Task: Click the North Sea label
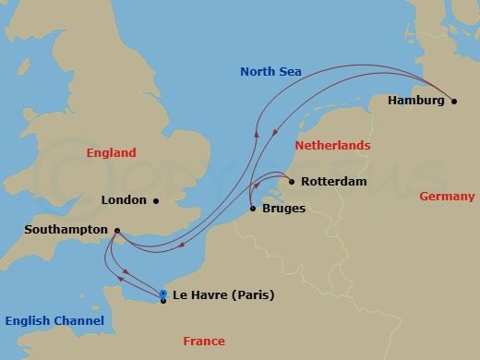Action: pos(271,71)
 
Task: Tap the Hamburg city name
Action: pos(415,101)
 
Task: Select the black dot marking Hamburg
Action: pos(453,102)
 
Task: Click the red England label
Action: pos(110,153)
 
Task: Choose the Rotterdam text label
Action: pos(333,182)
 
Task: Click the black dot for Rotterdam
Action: pos(292,182)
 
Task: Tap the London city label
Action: pos(125,200)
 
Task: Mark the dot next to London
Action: pos(156,200)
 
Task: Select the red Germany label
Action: pos(447,197)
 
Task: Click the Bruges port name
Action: pos(282,209)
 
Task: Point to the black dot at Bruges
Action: pos(252,209)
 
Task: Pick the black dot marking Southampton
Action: pos(116,231)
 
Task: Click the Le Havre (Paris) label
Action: pos(223,295)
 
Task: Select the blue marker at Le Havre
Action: pos(163,294)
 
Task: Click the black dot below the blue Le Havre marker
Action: pos(163,301)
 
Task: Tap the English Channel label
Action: pos(54,320)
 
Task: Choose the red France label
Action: pos(203,342)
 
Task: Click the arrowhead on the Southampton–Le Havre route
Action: pos(125,273)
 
